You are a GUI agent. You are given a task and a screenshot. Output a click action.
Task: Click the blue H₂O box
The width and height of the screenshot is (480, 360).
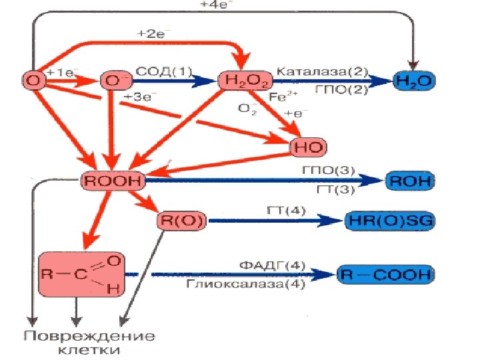tap(414, 81)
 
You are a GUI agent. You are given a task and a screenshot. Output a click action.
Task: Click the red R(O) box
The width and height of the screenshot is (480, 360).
tap(180, 219)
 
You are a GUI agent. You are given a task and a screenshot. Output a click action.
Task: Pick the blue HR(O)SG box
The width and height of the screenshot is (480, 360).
tap(390, 220)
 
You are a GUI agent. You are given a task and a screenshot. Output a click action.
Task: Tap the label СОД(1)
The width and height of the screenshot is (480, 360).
tap(163, 71)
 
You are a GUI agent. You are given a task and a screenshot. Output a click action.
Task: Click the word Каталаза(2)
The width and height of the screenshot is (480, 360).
tap(313, 70)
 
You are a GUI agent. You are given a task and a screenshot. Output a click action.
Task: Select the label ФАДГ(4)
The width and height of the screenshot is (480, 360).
tap(271, 265)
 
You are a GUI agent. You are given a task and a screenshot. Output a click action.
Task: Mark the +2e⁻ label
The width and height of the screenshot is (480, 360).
tap(150, 31)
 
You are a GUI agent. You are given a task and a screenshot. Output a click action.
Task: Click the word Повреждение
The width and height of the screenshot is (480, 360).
tap(89, 335)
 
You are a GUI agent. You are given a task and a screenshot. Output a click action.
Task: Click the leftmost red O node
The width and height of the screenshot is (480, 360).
tap(33, 81)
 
